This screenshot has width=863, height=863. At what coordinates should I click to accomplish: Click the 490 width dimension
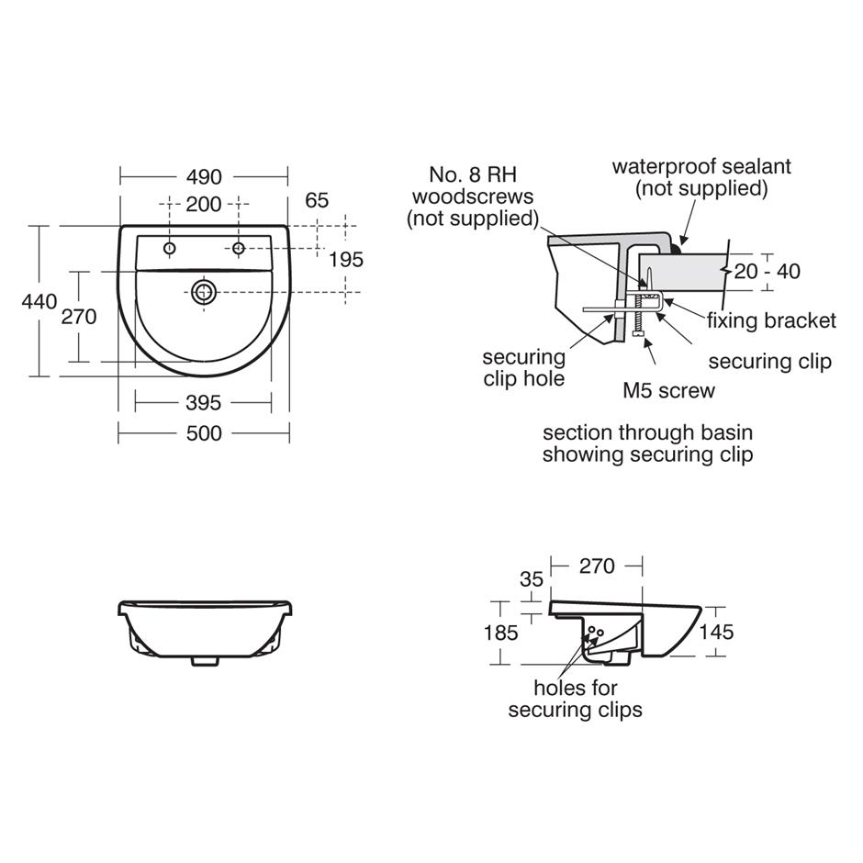204,176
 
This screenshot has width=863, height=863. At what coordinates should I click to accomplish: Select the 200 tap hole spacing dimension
204,204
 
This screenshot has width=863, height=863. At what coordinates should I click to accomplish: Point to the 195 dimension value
345,260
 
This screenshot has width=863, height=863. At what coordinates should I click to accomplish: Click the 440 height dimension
39,301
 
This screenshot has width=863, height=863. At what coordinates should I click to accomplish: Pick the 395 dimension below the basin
203,402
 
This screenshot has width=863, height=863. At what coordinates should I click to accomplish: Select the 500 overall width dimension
204,432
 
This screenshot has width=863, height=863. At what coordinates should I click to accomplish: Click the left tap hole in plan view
170,249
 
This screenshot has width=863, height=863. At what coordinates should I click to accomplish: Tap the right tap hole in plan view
238,249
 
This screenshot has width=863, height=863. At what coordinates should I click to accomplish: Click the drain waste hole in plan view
204,293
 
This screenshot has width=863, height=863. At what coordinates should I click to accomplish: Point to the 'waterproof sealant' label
701,177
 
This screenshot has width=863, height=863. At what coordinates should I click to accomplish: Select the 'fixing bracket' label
771,320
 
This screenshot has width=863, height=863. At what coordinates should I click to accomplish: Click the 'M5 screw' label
668,390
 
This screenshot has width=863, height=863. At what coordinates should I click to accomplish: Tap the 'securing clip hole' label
524,367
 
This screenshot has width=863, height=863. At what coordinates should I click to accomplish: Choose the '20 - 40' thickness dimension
768,271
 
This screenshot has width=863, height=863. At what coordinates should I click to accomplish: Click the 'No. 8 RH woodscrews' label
473,196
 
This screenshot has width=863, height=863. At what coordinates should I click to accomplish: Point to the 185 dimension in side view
500,633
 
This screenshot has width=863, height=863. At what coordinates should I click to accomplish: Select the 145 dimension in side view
716,632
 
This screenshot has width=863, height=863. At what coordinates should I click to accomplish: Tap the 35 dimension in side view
532,580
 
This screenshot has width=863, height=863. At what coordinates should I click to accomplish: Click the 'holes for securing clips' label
576,699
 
